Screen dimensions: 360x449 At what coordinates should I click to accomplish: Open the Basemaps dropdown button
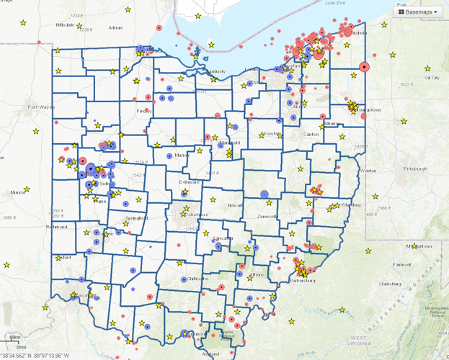(418, 12)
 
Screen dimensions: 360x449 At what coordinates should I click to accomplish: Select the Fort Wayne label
(41, 107)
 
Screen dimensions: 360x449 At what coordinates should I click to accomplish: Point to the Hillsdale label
(65, 24)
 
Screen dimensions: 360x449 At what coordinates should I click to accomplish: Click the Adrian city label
(115, 28)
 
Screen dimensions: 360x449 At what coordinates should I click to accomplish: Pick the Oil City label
(432, 77)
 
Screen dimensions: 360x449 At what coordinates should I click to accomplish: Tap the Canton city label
(311, 134)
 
